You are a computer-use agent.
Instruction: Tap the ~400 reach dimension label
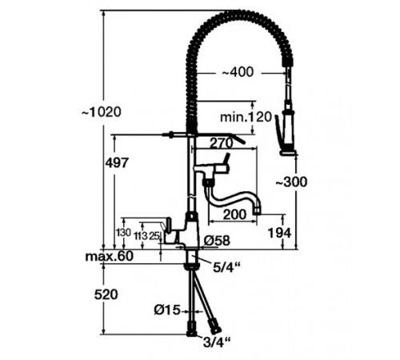237,73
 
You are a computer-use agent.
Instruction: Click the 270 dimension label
222,144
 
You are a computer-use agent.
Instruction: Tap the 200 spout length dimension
234,214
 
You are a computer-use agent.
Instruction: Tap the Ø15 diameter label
166,308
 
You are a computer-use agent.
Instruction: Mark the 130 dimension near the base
123,232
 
